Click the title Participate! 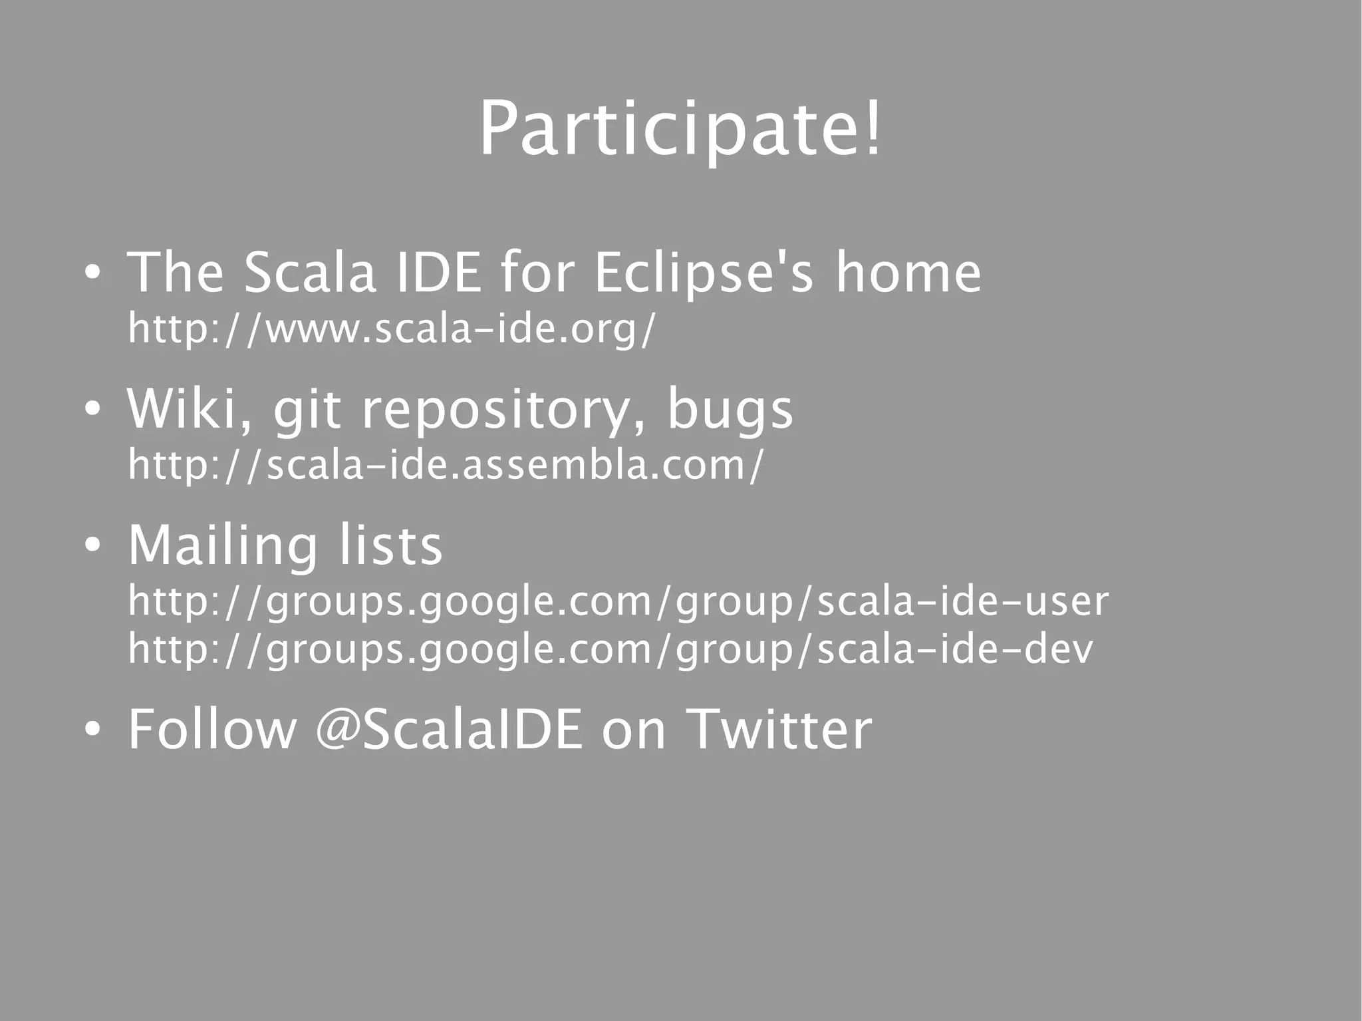point(680,128)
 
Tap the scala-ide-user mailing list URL point(618,601)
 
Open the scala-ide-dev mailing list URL point(610,649)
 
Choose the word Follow point(212,729)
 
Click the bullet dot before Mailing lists point(92,546)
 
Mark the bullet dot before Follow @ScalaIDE point(92,730)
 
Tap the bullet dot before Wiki point(92,409)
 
